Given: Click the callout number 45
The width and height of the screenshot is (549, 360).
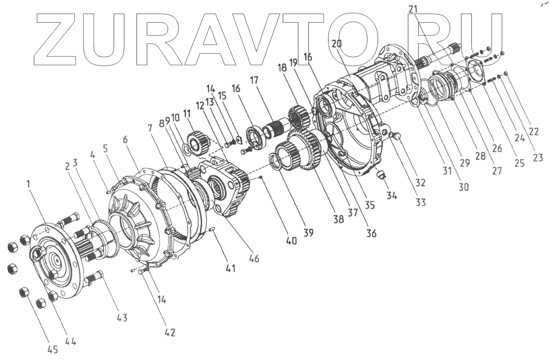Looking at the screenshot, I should [x=53, y=350].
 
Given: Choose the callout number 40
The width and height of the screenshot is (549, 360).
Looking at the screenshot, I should [x=291, y=241].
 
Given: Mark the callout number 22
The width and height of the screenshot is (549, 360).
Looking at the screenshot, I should [x=533, y=131].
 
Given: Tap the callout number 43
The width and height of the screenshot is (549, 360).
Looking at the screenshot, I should [x=122, y=317].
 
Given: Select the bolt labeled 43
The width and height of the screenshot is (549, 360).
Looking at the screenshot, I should [x=95, y=278].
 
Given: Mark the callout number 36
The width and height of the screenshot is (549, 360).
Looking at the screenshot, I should [x=371, y=233].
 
